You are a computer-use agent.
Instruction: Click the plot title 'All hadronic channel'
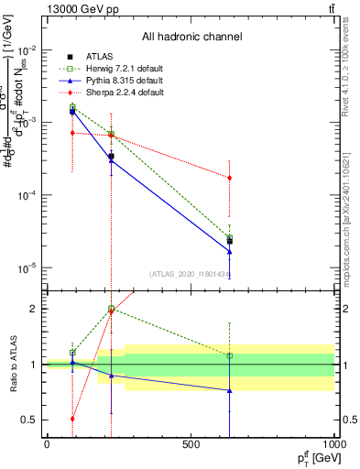point(191,37)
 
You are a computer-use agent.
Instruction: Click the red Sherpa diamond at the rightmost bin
point(229,178)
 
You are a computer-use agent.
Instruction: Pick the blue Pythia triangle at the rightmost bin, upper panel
point(229,252)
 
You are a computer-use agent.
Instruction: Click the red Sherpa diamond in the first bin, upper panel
point(71,133)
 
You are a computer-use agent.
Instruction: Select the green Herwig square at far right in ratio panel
point(229,355)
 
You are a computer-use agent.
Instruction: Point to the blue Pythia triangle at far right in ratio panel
point(229,390)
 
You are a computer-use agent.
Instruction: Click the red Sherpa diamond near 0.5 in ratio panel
point(71,419)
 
